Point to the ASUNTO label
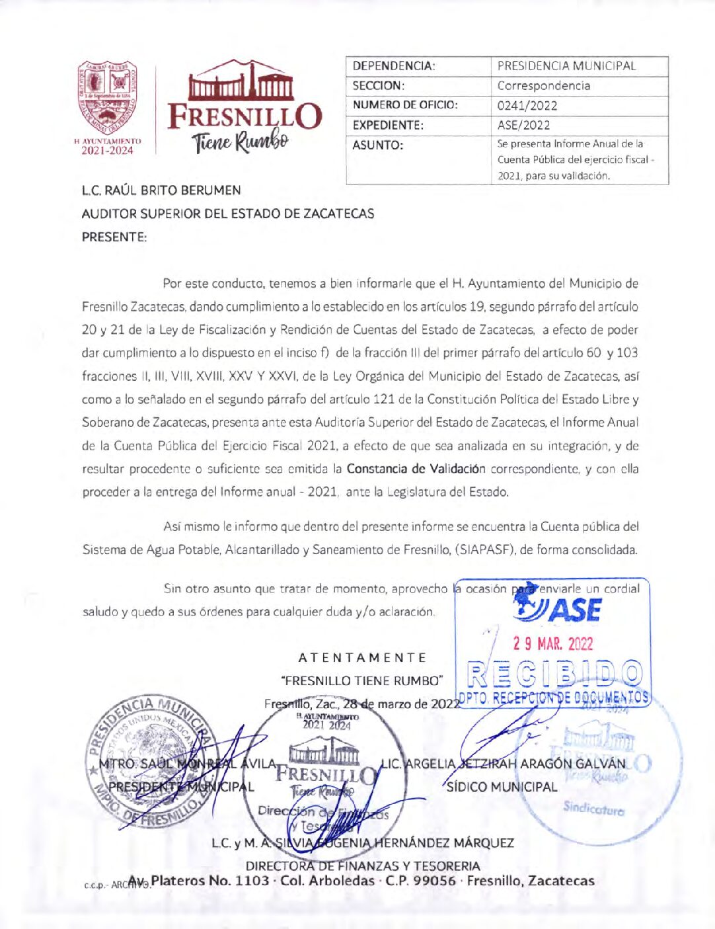point(378,145)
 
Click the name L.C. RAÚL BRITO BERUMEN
point(161,190)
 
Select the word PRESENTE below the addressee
point(114,237)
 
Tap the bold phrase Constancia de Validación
point(416,469)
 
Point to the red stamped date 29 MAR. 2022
point(553,643)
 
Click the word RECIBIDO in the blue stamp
point(554,674)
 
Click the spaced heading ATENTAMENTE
point(362,658)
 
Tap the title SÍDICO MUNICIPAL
point(502,787)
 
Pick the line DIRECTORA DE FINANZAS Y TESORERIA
point(363,866)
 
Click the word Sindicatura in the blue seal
point(593,807)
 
